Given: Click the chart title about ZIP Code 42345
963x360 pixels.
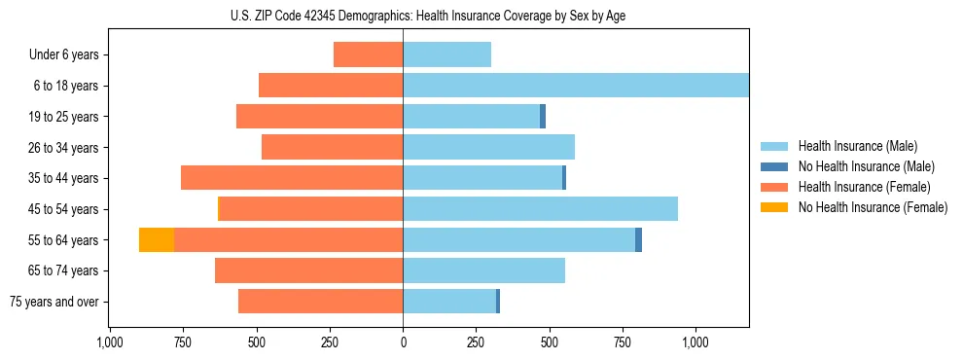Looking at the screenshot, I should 429,17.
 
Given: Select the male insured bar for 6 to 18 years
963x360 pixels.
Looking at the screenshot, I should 575,86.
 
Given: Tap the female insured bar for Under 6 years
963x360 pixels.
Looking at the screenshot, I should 368,54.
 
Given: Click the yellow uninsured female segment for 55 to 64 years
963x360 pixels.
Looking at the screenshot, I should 157,240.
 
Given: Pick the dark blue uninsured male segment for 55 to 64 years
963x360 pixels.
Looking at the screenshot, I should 638,240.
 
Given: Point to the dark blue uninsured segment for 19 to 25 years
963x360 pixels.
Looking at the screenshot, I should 543,117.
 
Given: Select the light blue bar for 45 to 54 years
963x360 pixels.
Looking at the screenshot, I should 540,209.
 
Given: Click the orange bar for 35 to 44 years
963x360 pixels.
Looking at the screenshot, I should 292,178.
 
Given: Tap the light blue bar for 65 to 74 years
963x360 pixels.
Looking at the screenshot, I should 483,270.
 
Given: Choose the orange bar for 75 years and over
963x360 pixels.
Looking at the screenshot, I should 320,302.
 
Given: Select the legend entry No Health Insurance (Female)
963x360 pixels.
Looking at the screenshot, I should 873,207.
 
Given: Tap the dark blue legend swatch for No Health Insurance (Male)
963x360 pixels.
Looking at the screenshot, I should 774,166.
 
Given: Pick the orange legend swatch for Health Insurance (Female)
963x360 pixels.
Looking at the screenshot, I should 774,187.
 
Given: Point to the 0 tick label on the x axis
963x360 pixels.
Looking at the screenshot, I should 403,343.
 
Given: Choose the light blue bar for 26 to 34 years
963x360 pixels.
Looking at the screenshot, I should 488,148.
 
